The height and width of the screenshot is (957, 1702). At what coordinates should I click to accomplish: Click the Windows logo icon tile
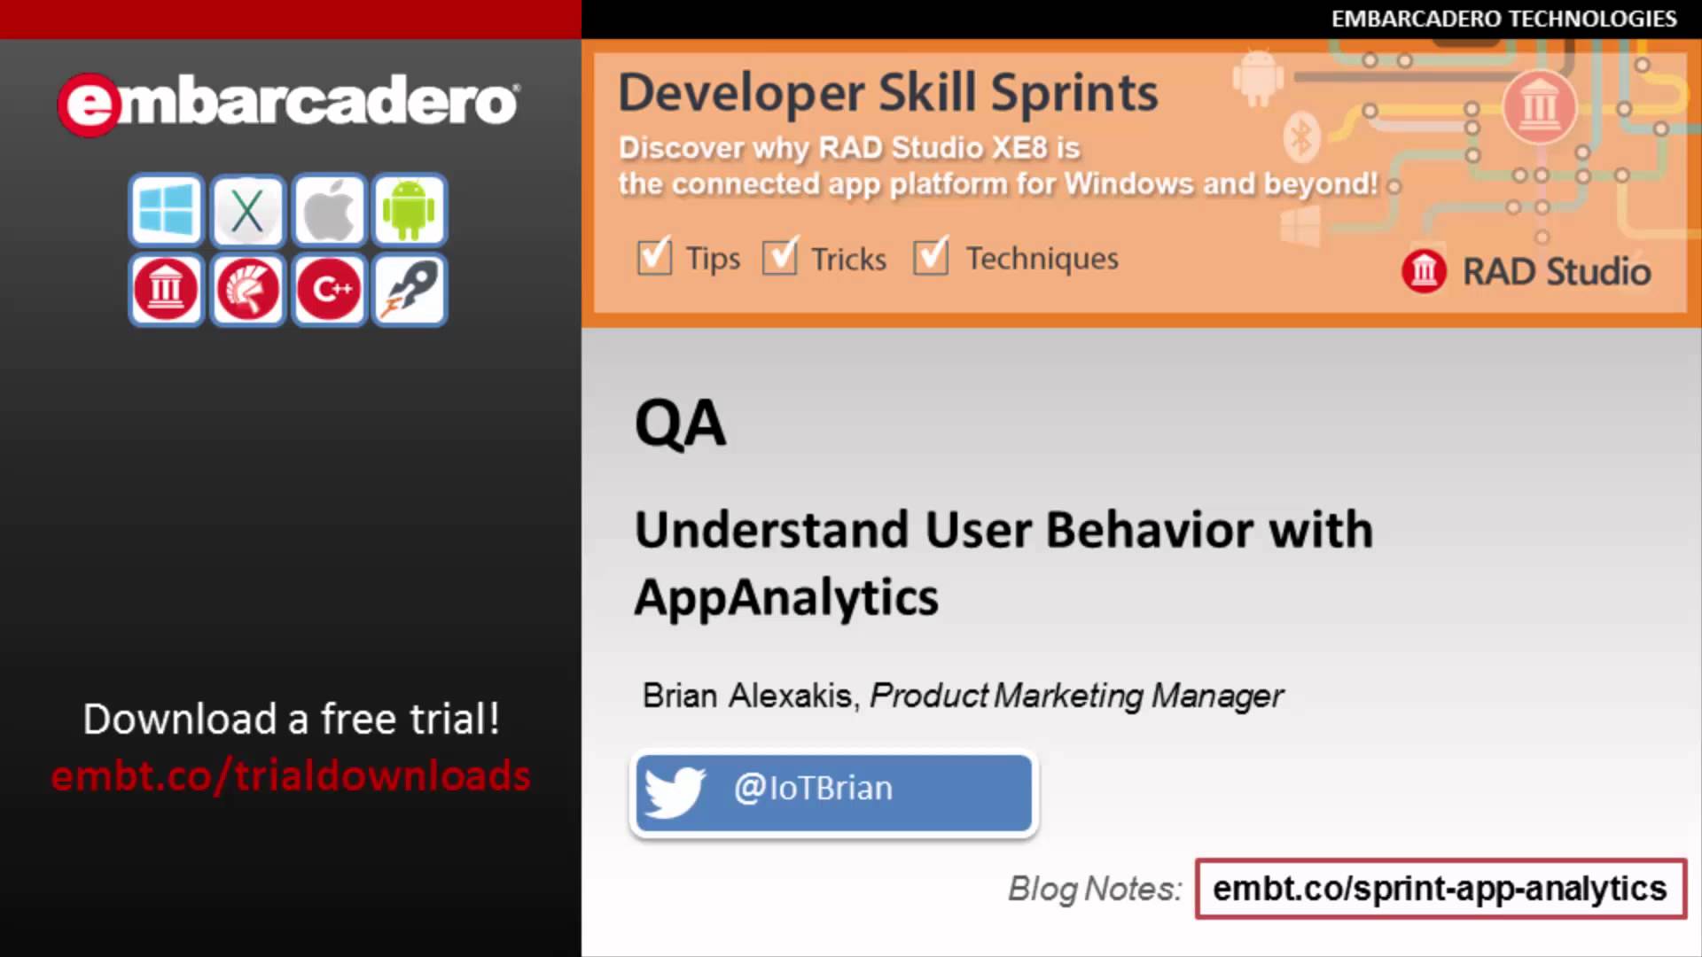[x=166, y=210]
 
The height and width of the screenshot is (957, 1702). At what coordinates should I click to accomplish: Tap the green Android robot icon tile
[x=409, y=210]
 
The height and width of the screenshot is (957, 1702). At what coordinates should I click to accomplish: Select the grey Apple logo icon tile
[x=328, y=210]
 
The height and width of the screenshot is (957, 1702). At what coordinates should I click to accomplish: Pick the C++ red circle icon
[x=328, y=289]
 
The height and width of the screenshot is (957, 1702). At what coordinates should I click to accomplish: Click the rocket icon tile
[x=409, y=289]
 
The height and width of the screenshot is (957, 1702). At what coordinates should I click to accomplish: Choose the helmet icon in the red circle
[x=247, y=289]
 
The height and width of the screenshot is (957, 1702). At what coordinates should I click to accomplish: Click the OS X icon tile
[x=247, y=210]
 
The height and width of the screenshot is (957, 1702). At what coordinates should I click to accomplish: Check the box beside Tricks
[x=780, y=256]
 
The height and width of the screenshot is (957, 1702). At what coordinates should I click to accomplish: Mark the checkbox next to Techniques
[x=931, y=256]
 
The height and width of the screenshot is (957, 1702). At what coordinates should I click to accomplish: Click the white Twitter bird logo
[x=675, y=791]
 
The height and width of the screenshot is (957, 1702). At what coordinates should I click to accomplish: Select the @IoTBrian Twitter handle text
[x=813, y=788]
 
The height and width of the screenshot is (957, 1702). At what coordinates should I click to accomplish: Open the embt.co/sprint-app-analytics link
[x=1440, y=888]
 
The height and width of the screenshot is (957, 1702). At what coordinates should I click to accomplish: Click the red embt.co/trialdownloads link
[x=291, y=775]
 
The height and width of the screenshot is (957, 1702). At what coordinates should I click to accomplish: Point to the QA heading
[x=680, y=424]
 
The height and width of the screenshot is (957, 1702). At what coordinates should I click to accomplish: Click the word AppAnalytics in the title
[x=786, y=598]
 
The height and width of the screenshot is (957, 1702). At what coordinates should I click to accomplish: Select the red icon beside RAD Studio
[x=1424, y=271]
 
